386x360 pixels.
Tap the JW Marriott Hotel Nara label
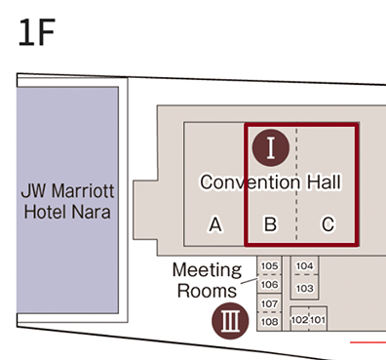coord(66,201)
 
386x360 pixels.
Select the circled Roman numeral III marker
coord(228,318)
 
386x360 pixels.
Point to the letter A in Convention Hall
coord(215,225)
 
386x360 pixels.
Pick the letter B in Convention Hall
coord(271,225)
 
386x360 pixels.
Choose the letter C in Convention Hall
coord(328,225)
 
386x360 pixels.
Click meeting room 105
coord(270,266)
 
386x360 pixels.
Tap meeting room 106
coord(270,285)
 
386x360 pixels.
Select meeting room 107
coord(270,304)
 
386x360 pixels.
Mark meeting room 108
coord(270,321)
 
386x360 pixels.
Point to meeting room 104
coord(304,266)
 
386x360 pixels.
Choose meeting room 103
coord(304,288)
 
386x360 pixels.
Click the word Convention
coord(250,182)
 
